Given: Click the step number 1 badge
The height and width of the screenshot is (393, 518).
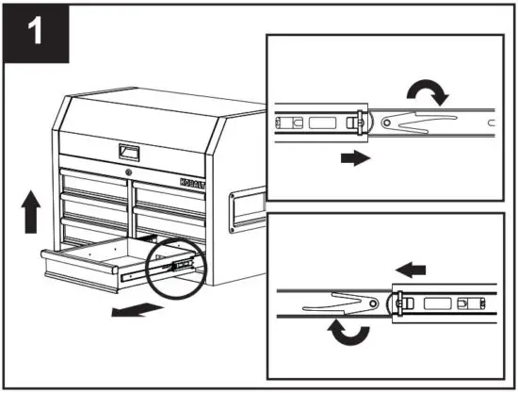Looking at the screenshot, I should coord(36,35).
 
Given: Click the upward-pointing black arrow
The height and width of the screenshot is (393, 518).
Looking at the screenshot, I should coord(30,209).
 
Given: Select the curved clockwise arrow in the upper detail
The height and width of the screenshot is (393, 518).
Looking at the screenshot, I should coord(424,92).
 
